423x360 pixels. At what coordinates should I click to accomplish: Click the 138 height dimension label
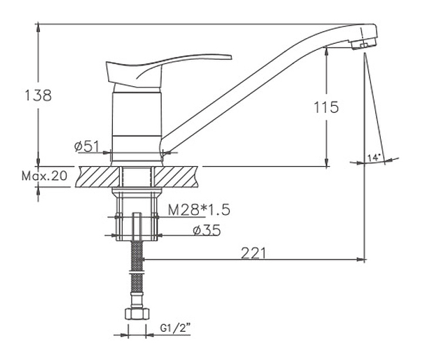pyautogui.click(x=38, y=96)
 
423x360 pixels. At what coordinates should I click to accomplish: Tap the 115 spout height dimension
pyautogui.click(x=326, y=107)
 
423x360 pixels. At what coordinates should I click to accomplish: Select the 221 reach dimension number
pyautogui.click(x=253, y=253)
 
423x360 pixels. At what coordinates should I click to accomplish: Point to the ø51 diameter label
pyautogui.click(x=87, y=146)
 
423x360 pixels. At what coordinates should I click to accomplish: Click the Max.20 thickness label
pyautogui.click(x=44, y=176)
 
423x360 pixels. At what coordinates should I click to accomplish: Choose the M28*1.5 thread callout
pyautogui.click(x=199, y=210)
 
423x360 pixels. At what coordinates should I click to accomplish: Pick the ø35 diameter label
pyautogui.click(x=207, y=230)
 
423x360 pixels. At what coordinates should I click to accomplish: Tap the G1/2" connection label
pyautogui.click(x=175, y=328)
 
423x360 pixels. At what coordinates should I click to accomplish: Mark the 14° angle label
pyautogui.click(x=374, y=157)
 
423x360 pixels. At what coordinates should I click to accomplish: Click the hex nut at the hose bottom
pyautogui.click(x=137, y=314)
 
